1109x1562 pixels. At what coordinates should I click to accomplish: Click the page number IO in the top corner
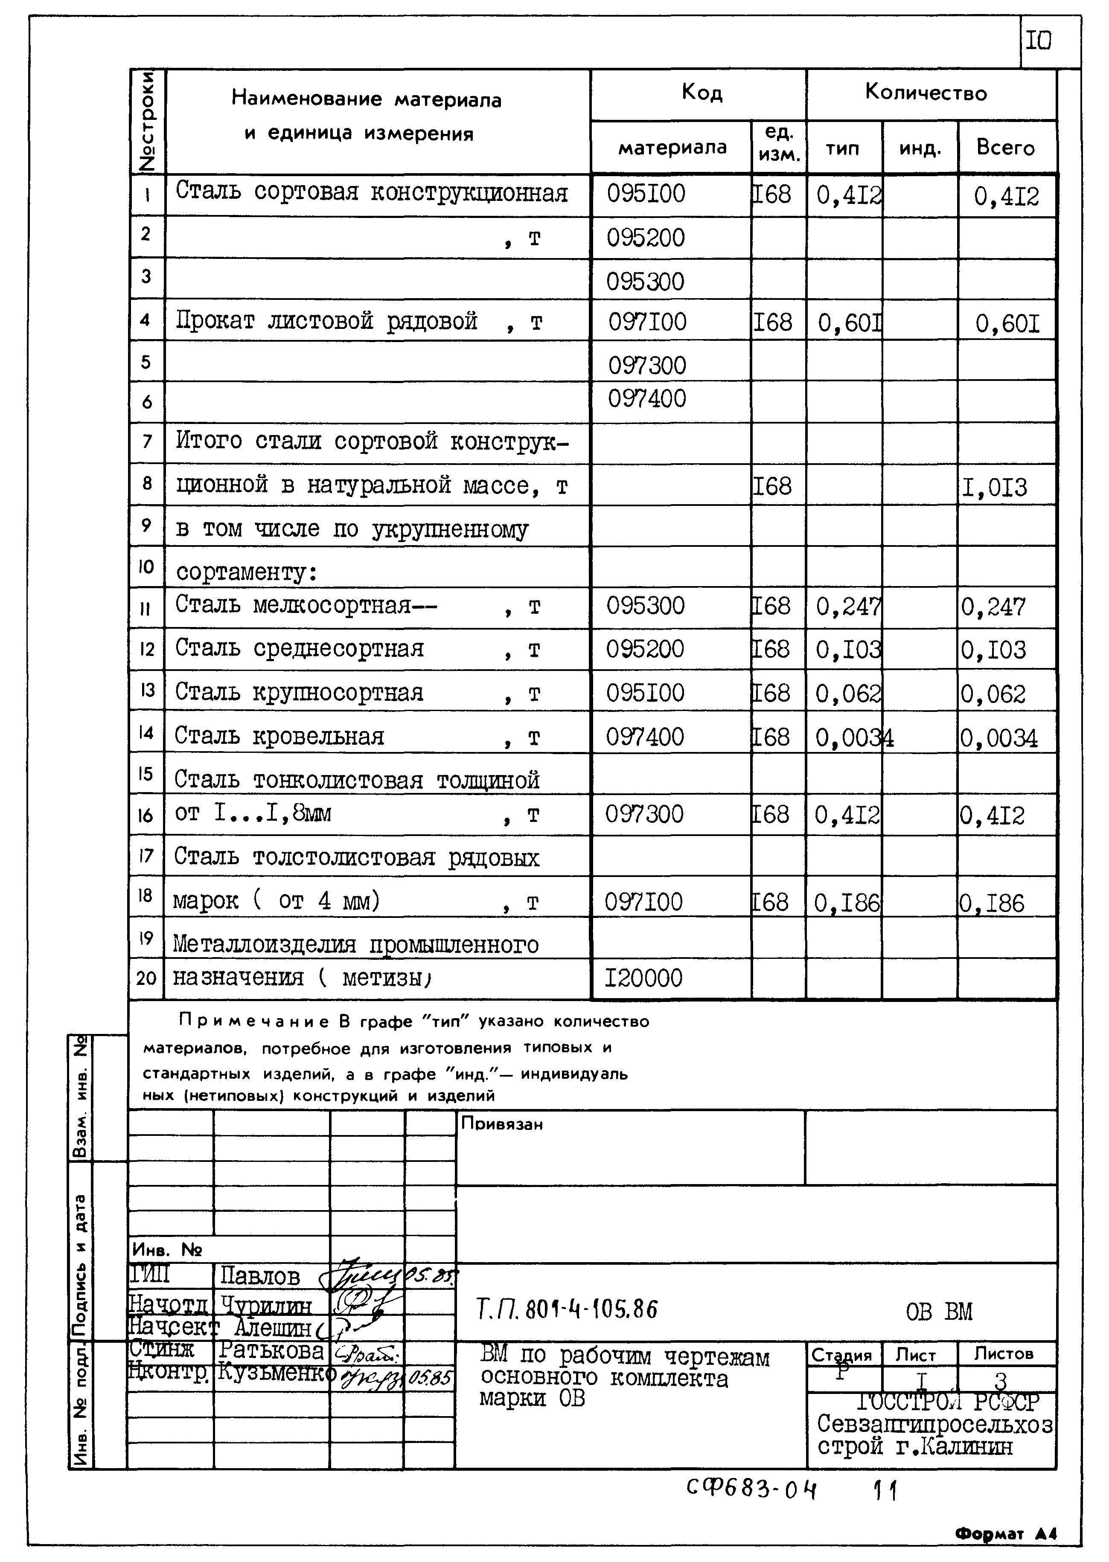click(x=1038, y=42)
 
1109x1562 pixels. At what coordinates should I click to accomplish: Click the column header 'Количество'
click(x=926, y=92)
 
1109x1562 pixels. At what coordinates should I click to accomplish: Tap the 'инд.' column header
click(x=919, y=148)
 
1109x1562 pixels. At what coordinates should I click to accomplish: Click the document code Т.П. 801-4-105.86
click(x=567, y=1309)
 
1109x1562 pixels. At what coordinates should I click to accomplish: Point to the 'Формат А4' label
click(x=1006, y=1533)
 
